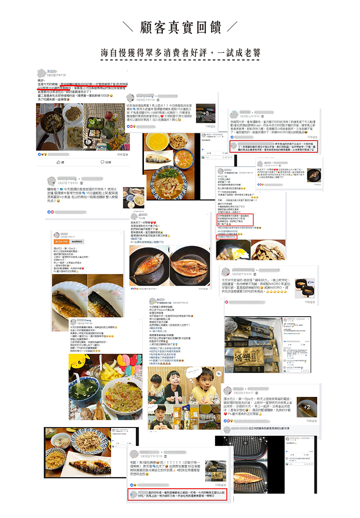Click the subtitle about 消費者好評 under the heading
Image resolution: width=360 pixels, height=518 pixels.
[x=180, y=53]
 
